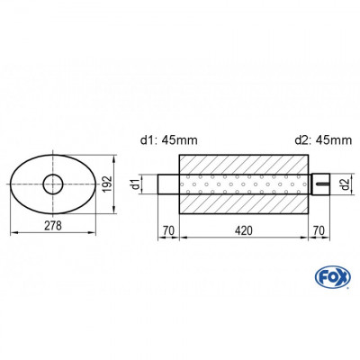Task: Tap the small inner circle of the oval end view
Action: point(53,185)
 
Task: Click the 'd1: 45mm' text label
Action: point(170,139)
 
